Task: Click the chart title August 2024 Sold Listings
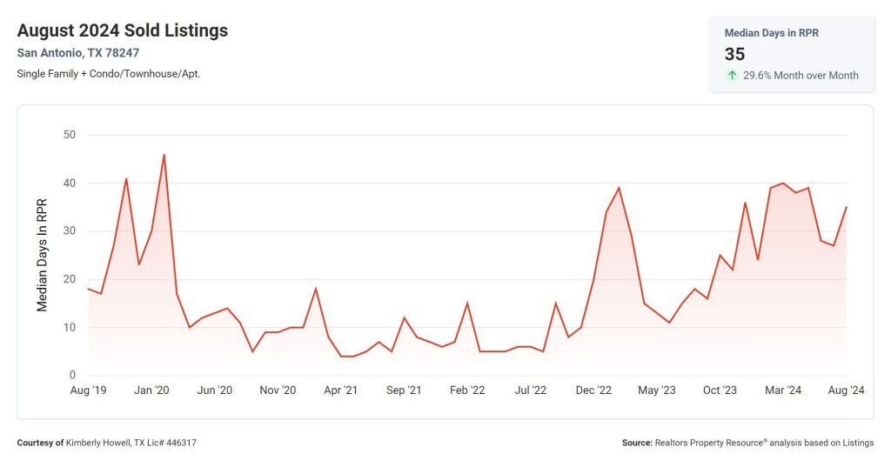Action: [x=122, y=30]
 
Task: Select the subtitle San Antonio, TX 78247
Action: [x=77, y=53]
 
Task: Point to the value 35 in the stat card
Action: [x=735, y=54]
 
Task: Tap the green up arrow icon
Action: [x=732, y=76]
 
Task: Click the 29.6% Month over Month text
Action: [x=801, y=76]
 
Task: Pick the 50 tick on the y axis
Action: [x=69, y=135]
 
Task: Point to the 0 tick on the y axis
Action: [x=73, y=376]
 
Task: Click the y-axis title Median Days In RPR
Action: [x=42, y=255]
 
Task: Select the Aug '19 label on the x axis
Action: [x=88, y=390]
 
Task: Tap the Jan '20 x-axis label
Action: [x=151, y=390]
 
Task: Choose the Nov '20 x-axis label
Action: [x=278, y=390]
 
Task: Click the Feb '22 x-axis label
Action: [x=467, y=390]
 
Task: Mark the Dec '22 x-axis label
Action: [x=593, y=390]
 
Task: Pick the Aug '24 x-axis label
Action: [x=845, y=390]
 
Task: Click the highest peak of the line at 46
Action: [x=164, y=155]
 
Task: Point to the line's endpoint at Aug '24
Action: [x=846, y=207]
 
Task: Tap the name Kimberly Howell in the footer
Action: [x=104, y=443]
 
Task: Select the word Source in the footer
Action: [x=636, y=443]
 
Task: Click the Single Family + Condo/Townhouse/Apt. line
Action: [x=109, y=74]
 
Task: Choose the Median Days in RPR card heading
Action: [x=771, y=33]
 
